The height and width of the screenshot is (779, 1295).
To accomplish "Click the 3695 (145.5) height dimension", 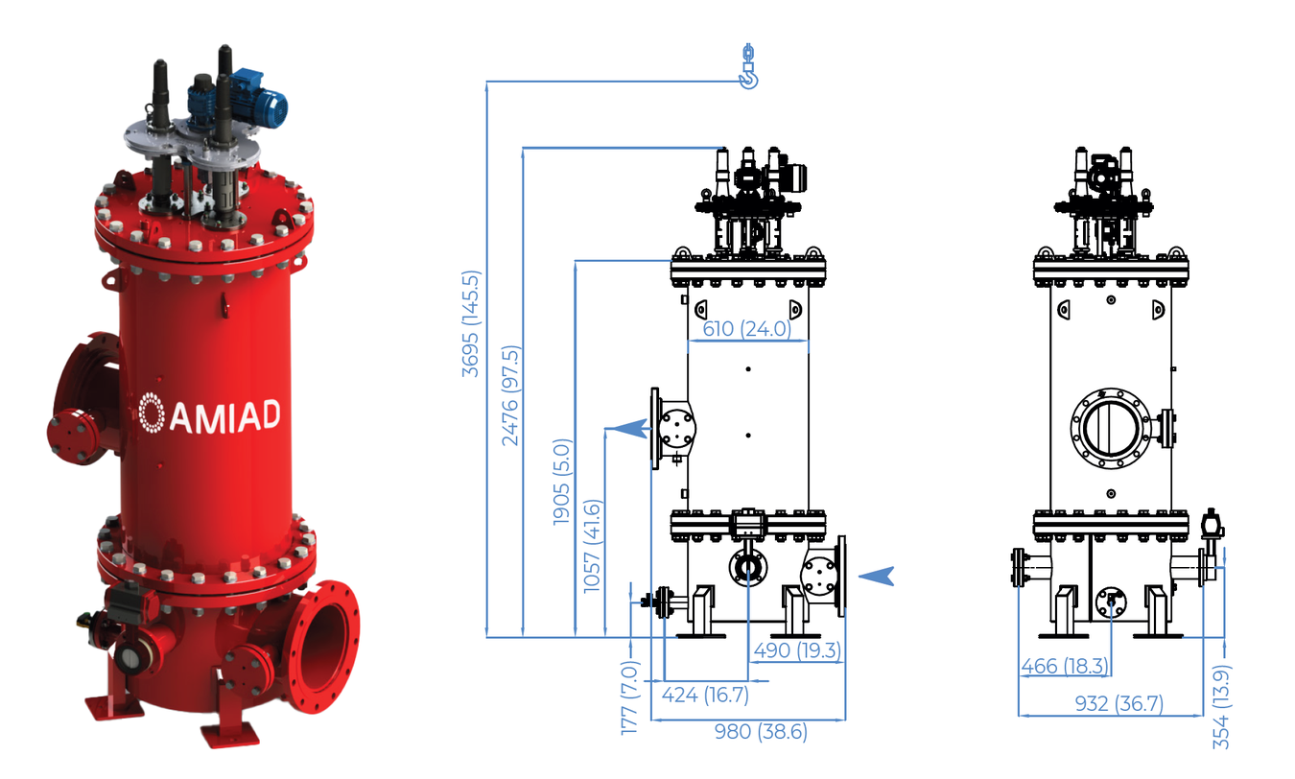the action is pyautogui.click(x=471, y=324).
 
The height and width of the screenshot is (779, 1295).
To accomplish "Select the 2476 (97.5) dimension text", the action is pyautogui.click(x=510, y=395).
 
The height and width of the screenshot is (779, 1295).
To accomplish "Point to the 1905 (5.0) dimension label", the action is pyautogui.click(x=562, y=482).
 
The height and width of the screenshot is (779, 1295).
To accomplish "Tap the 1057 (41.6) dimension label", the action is pyautogui.click(x=593, y=546).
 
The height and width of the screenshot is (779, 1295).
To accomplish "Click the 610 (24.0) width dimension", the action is pyautogui.click(x=747, y=328).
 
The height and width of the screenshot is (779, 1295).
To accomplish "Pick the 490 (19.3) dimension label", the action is pyautogui.click(x=797, y=650).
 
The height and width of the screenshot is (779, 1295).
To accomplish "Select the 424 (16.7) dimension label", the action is pyautogui.click(x=705, y=694).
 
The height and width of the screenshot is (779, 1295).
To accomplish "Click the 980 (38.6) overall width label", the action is pyautogui.click(x=761, y=732).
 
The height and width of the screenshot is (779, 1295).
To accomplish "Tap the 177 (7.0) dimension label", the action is pyautogui.click(x=629, y=697).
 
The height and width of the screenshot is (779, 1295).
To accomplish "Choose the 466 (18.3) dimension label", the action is pyautogui.click(x=1065, y=666).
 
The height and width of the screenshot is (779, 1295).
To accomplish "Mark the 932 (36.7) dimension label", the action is pyautogui.click(x=1118, y=703).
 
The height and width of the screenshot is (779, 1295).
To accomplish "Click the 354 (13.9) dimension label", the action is pyautogui.click(x=1221, y=707).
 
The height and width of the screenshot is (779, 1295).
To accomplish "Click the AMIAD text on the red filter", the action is pyautogui.click(x=225, y=415).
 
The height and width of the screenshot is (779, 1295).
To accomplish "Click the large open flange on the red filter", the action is pyautogui.click(x=322, y=647).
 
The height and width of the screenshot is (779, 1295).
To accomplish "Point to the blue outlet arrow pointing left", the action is pyautogui.click(x=628, y=429).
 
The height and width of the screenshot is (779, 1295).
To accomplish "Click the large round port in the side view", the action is pyautogui.click(x=1111, y=428).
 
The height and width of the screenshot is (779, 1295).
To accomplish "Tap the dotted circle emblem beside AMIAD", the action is pyautogui.click(x=152, y=413).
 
